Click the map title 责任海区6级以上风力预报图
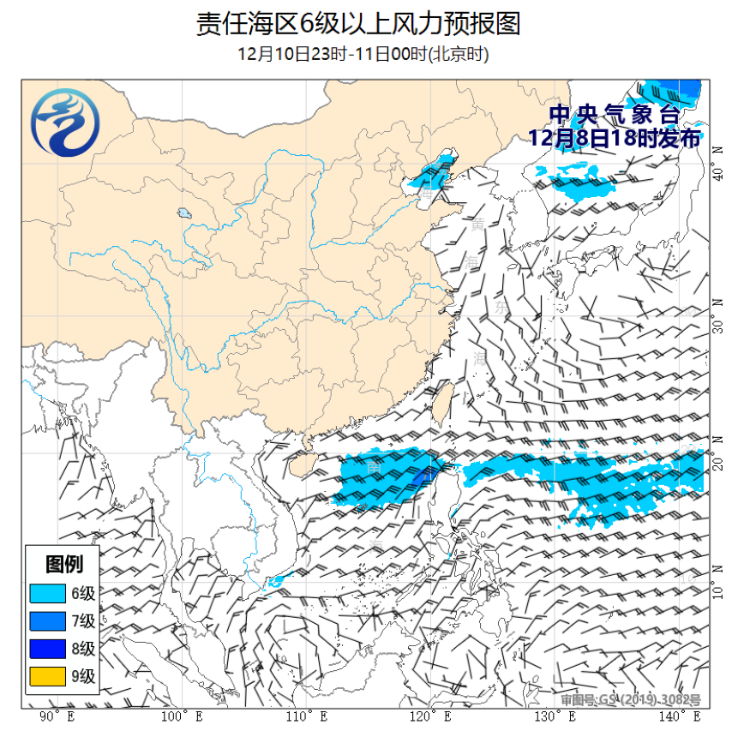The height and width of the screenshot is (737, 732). pyautogui.click(x=358, y=24)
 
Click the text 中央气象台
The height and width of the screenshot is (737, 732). pyautogui.click(x=614, y=115)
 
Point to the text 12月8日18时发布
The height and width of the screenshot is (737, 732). pyautogui.click(x=614, y=138)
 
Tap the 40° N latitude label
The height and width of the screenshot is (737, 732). pyautogui.click(x=718, y=175)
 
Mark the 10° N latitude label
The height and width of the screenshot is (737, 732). pyautogui.click(x=718, y=591)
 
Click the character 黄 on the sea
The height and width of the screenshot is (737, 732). pyautogui.click(x=477, y=225)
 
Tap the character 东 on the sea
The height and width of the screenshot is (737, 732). pyautogui.click(x=501, y=305)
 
